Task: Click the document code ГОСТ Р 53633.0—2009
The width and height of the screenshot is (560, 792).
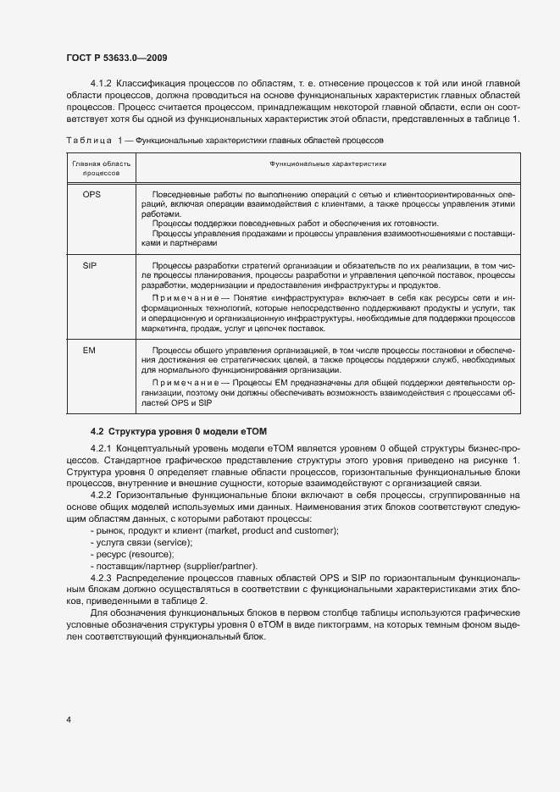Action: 121,60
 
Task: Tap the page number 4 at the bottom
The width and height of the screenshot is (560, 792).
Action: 68,720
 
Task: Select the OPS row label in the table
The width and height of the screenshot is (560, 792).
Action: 92,195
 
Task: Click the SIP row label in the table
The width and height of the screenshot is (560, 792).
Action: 90,265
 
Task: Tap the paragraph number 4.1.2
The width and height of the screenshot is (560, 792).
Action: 101,84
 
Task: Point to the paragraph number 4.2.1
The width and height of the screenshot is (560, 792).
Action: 101,447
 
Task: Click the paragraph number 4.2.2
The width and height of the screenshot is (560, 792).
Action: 101,494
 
